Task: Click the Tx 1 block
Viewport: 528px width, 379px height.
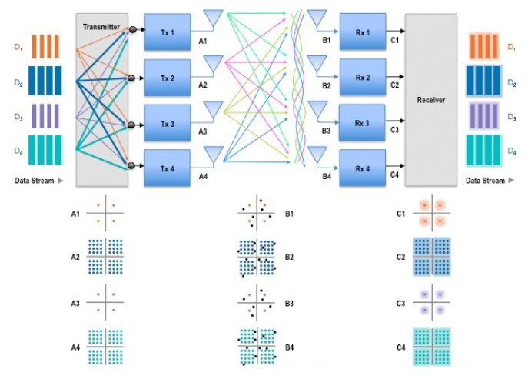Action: [x=166, y=32]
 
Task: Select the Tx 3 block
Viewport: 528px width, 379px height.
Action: [x=166, y=124]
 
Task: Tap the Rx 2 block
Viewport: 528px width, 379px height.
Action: [x=362, y=78]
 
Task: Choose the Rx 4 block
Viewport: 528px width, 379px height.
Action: [x=362, y=168]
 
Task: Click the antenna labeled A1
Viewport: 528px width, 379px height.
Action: [x=214, y=17]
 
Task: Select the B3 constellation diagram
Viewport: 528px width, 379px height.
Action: [x=256, y=302]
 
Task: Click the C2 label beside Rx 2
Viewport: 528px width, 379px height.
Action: [x=394, y=85]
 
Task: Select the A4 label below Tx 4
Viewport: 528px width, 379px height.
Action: [x=203, y=176]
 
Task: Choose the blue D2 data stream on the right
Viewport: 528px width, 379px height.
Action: [x=483, y=79]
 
